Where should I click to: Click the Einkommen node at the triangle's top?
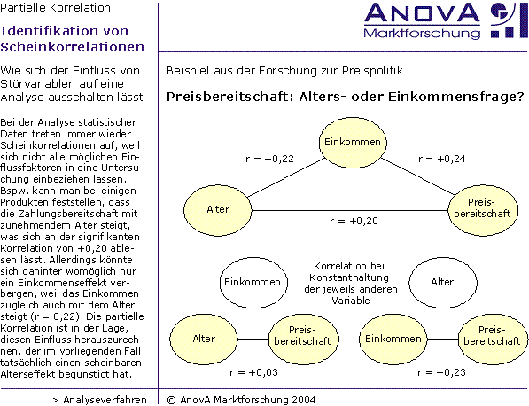(x=353, y=143)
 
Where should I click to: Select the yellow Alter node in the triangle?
(x=218, y=210)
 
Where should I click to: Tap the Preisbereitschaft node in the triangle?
(x=483, y=210)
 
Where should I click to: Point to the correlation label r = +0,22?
(x=269, y=159)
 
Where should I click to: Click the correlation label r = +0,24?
(x=441, y=159)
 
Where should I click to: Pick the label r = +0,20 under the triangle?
(x=354, y=221)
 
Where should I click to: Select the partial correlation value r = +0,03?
(x=253, y=372)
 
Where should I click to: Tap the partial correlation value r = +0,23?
(x=441, y=372)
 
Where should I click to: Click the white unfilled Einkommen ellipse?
(x=253, y=283)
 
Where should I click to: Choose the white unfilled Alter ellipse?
(x=443, y=283)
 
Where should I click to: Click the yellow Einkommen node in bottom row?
(x=393, y=339)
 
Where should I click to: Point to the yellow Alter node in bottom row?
(x=204, y=339)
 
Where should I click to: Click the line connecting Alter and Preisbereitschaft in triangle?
(x=350, y=210)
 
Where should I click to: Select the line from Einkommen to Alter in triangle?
(x=286, y=178)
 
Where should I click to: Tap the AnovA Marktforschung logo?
(x=446, y=21)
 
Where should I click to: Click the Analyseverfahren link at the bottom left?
(x=100, y=400)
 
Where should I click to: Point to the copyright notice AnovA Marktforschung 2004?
(x=241, y=400)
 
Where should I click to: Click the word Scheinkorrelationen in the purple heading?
(x=72, y=47)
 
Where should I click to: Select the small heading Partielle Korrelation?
(x=55, y=7)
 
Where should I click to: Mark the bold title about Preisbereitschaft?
(x=345, y=97)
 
